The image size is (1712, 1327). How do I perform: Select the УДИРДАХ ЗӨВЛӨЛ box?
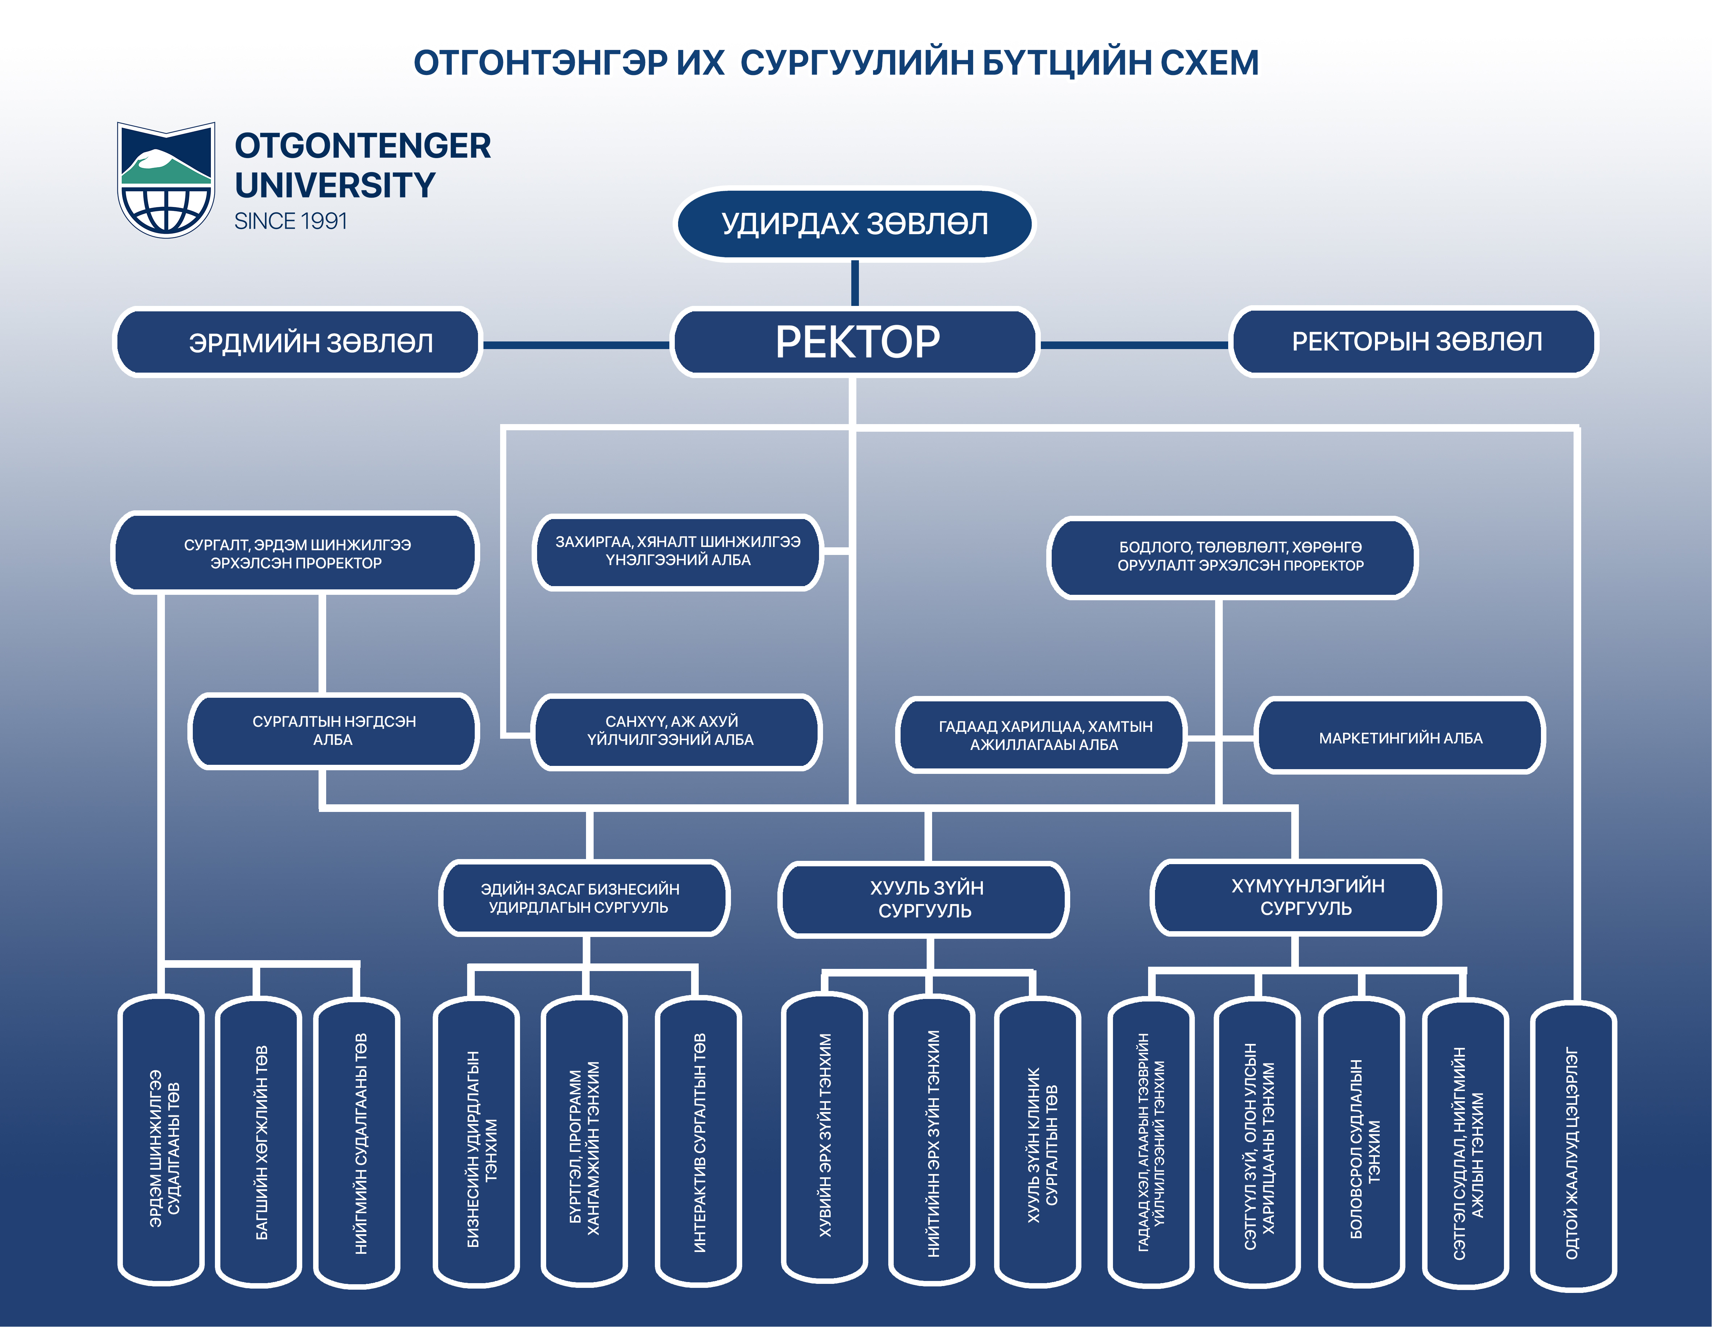click(855, 224)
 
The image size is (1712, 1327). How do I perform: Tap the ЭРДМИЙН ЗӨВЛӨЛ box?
click(298, 343)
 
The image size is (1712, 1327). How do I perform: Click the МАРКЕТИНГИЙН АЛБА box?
click(1400, 737)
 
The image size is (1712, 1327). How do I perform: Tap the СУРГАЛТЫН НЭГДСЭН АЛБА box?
click(334, 730)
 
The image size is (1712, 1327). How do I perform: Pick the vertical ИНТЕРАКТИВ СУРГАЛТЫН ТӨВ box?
click(698, 1143)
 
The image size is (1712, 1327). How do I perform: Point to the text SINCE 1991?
click(291, 222)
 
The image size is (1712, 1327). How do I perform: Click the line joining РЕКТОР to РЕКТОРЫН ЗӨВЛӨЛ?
click(1134, 344)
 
